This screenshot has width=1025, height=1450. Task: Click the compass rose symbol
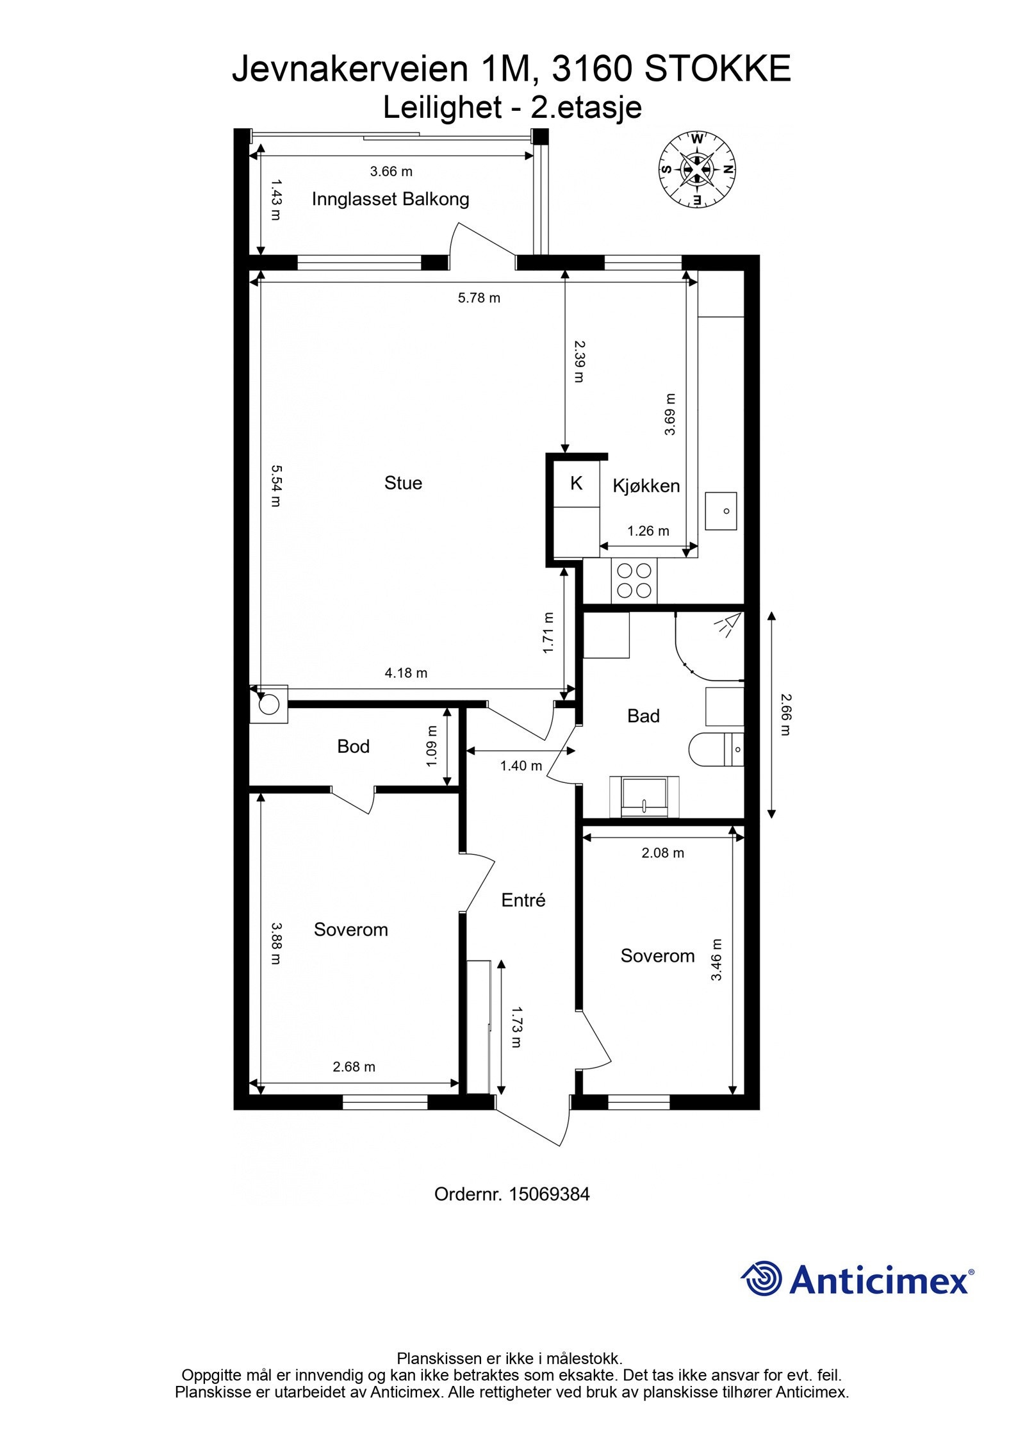697,169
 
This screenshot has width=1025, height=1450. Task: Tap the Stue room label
403,482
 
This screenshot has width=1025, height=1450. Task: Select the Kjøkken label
646,486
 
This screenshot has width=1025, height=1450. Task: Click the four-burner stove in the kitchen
634,580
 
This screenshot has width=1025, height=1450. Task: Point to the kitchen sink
721,511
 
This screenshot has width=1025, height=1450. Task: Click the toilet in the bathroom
716,748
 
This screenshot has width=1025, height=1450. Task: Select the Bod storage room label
353,746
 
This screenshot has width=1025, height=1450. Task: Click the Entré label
523,900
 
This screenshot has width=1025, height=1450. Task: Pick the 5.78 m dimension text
479,297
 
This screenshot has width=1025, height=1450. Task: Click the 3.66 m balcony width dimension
391,171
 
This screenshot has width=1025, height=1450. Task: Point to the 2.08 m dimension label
662,852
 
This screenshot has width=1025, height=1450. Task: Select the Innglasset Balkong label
390,199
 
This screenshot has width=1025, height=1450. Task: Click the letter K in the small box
576,483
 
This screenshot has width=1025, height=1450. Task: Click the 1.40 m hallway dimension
521,765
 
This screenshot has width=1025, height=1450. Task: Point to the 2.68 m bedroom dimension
354,1066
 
